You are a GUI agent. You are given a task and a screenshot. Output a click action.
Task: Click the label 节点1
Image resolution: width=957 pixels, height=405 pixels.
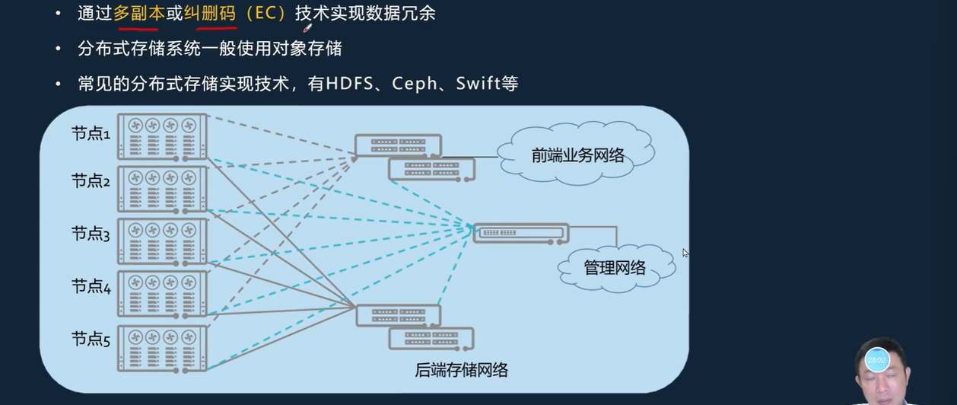(91, 134)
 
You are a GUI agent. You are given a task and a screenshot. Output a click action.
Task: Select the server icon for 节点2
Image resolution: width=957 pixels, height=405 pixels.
(163, 189)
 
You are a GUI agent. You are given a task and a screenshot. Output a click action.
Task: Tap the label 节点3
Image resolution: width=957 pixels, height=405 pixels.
(91, 234)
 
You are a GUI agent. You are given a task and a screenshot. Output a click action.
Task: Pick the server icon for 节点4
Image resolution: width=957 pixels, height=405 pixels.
(163, 294)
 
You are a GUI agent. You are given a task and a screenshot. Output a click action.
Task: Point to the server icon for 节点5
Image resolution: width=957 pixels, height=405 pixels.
(163, 349)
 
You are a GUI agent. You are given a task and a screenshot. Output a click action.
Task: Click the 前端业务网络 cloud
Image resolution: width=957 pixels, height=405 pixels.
(578, 155)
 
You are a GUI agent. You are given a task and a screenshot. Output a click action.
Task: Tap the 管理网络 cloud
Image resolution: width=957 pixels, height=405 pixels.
(615, 267)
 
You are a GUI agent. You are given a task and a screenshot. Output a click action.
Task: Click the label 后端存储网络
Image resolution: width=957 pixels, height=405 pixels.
(461, 371)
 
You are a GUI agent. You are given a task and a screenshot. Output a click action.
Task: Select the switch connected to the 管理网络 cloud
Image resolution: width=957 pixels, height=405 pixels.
(520, 233)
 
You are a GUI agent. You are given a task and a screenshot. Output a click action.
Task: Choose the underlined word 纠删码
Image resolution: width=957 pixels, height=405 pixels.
(210, 14)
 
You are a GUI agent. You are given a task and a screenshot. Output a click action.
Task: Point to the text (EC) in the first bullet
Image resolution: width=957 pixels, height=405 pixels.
(265, 14)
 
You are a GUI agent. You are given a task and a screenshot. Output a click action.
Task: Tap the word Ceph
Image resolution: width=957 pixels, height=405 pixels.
(414, 84)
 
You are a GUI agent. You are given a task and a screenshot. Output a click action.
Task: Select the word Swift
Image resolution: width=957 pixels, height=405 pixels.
(478, 84)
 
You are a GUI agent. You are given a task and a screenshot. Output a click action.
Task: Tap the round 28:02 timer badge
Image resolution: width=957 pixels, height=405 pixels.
(876, 359)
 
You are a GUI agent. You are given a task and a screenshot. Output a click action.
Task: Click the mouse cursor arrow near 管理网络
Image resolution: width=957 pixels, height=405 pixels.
(685, 253)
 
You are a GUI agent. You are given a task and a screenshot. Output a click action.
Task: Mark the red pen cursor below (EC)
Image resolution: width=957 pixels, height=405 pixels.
(307, 29)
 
